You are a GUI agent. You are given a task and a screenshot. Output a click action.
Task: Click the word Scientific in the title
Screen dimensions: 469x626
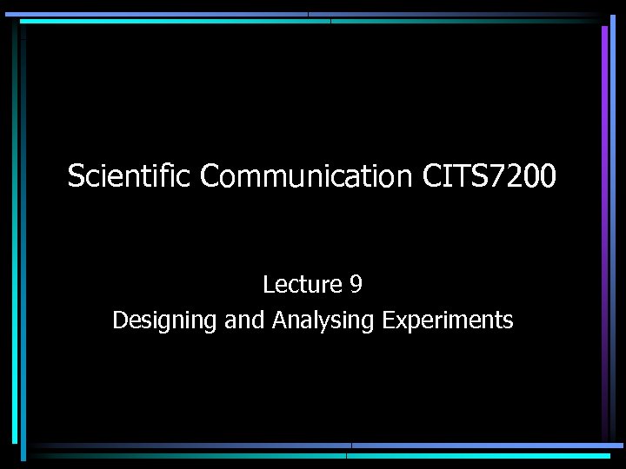(x=130, y=176)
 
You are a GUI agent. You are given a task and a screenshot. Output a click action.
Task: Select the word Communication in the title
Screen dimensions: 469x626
(x=306, y=176)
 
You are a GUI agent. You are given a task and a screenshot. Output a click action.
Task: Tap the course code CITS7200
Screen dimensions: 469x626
(x=489, y=176)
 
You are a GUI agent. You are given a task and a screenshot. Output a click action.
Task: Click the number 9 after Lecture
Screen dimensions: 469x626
(x=356, y=284)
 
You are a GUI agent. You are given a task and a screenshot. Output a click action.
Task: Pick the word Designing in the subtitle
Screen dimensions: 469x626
(x=164, y=320)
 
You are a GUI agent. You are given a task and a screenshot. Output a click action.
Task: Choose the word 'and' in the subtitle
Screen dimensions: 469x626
(x=243, y=320)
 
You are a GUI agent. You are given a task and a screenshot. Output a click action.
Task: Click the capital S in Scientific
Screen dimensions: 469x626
(x=76, y=176)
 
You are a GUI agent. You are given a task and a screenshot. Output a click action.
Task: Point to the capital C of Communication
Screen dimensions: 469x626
(x=210, y=176)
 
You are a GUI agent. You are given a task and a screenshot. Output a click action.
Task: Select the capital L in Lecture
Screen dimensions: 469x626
(x=268, y=284)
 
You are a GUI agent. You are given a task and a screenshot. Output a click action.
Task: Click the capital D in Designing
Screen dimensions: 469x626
(x=120, y=320)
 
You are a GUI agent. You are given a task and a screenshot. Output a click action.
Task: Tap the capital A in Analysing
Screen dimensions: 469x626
(x=279, y=320)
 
